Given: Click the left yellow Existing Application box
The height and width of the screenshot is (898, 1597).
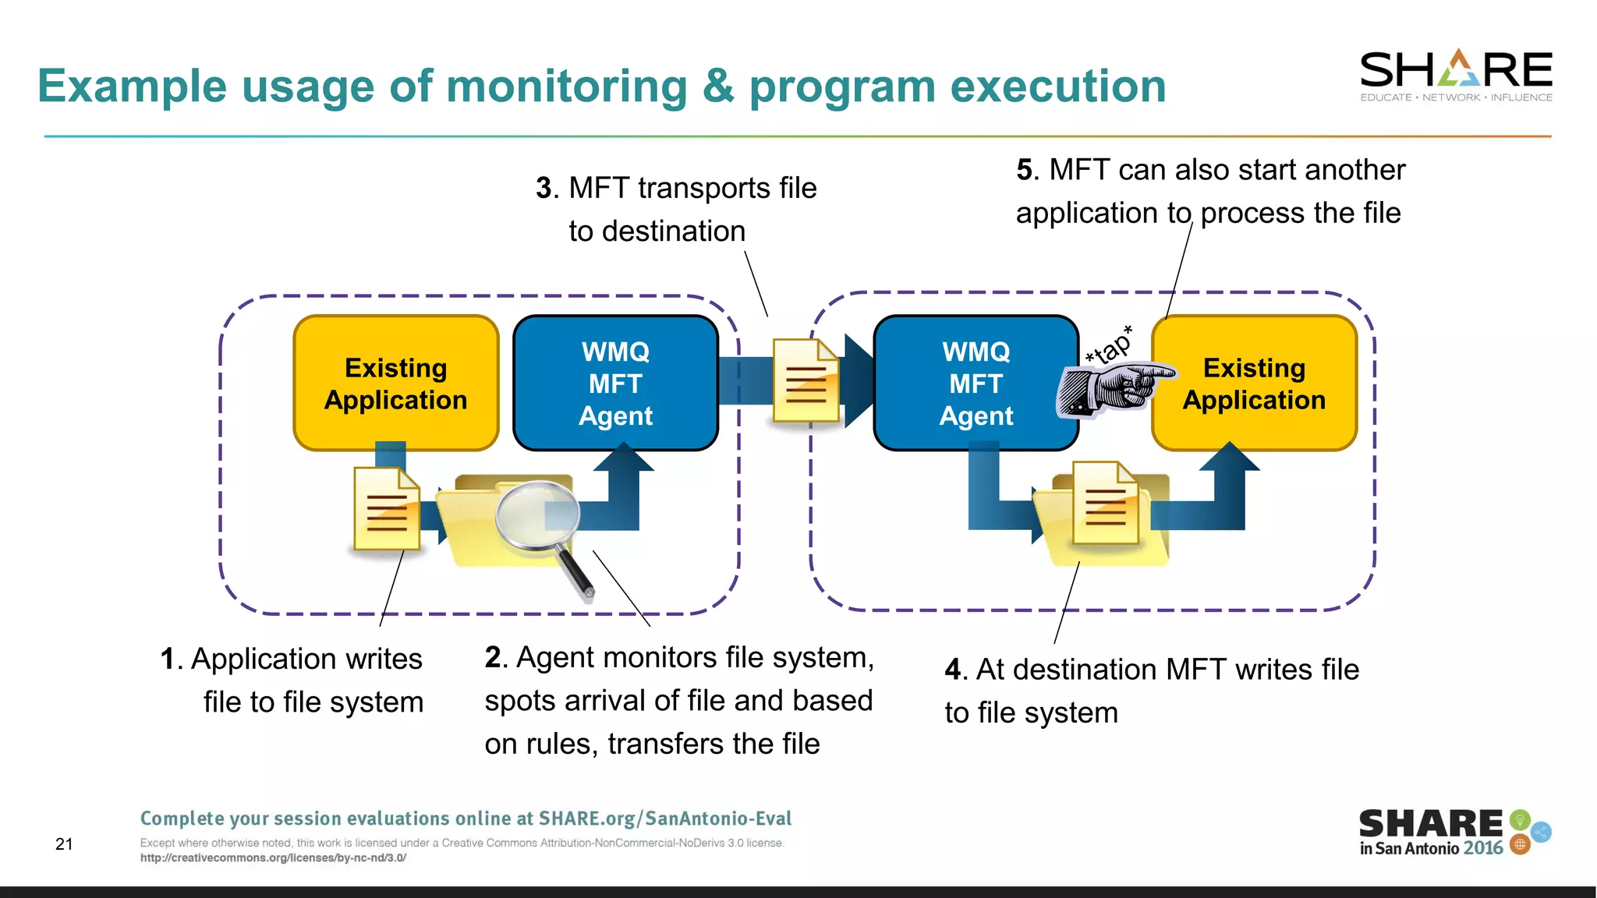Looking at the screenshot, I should click(395, 383).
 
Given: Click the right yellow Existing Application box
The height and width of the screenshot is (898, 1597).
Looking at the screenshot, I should click(1254, 383).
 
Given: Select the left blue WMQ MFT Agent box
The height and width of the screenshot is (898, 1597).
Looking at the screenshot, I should click(615, 383).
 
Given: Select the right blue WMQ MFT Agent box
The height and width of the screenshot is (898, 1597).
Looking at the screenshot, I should click(976, 383).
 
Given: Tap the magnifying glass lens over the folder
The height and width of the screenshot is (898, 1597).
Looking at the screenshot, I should click(537, 515).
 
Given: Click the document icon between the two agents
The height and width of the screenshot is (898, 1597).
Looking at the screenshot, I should click(806, 380).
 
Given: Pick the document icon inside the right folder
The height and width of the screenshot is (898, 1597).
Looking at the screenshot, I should click(1105, 503).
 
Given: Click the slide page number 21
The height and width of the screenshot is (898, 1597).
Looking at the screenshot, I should click(64, 844).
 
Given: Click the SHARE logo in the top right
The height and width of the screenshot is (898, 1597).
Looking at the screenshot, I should click(1455, 75).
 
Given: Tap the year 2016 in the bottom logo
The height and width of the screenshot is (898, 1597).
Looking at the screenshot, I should click(1482, 849).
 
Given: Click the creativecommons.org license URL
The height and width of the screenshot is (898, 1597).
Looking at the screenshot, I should click(273, 858).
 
